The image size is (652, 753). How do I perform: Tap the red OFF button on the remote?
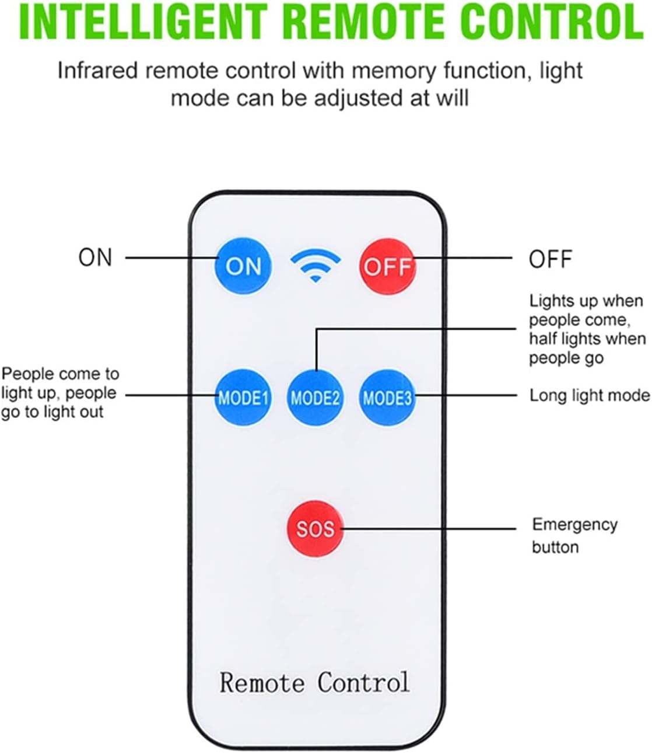click(387, 266)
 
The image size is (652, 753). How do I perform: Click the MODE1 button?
click(243, 398)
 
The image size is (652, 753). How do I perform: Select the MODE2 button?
click(315, 398)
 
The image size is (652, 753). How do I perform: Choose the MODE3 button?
click(387, 398)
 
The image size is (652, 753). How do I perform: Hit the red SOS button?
click(315, 529)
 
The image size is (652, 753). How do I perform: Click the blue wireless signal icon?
click(316, 265)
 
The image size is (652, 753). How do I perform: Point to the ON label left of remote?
click(95, 257)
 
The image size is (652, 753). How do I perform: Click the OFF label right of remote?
click(550, 259)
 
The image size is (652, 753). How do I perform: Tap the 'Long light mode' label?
click(589, 396)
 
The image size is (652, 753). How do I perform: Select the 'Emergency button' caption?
click(574, 535)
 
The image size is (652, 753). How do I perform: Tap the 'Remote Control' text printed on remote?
click(314, 682)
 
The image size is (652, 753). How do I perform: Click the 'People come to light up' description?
click(59, 393)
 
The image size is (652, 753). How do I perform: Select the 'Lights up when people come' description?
click(587, 329)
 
